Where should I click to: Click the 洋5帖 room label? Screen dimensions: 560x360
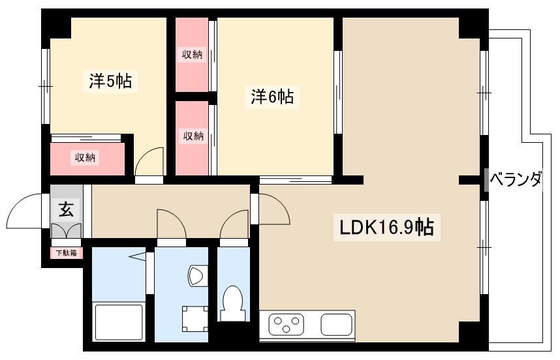pyautogui.click(x=110, y=81)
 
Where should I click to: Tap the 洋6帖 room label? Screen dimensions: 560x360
pyautogui.click(x=272, y=97)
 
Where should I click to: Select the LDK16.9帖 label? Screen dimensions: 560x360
pyautogui.click(x=386, y=227)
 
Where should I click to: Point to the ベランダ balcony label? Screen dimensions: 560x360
pyautogui.click(x=516, y=179)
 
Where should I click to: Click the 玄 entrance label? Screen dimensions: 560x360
pyautogui.click(x=66, y=209)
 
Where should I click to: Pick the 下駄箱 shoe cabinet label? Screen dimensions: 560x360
pyautogui.click(x=67, y=253)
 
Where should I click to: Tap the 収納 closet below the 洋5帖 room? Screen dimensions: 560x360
pyautogui.click(x=85, y=157)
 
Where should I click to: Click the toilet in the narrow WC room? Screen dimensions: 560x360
pyautogui.click(x=233, y=303)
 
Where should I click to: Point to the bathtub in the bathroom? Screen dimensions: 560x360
pyautogui.click(x=119, y=321)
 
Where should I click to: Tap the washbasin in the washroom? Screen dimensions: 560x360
pyautogui.click(x=197, y=275)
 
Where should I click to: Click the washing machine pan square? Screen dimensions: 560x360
pyautogui.click(x=195, y=319)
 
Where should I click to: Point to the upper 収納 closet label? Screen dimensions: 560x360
pyautogui.click(x=192, y=55)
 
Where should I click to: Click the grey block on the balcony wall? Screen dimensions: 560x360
pyautogui.click(x=486, y=180)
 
